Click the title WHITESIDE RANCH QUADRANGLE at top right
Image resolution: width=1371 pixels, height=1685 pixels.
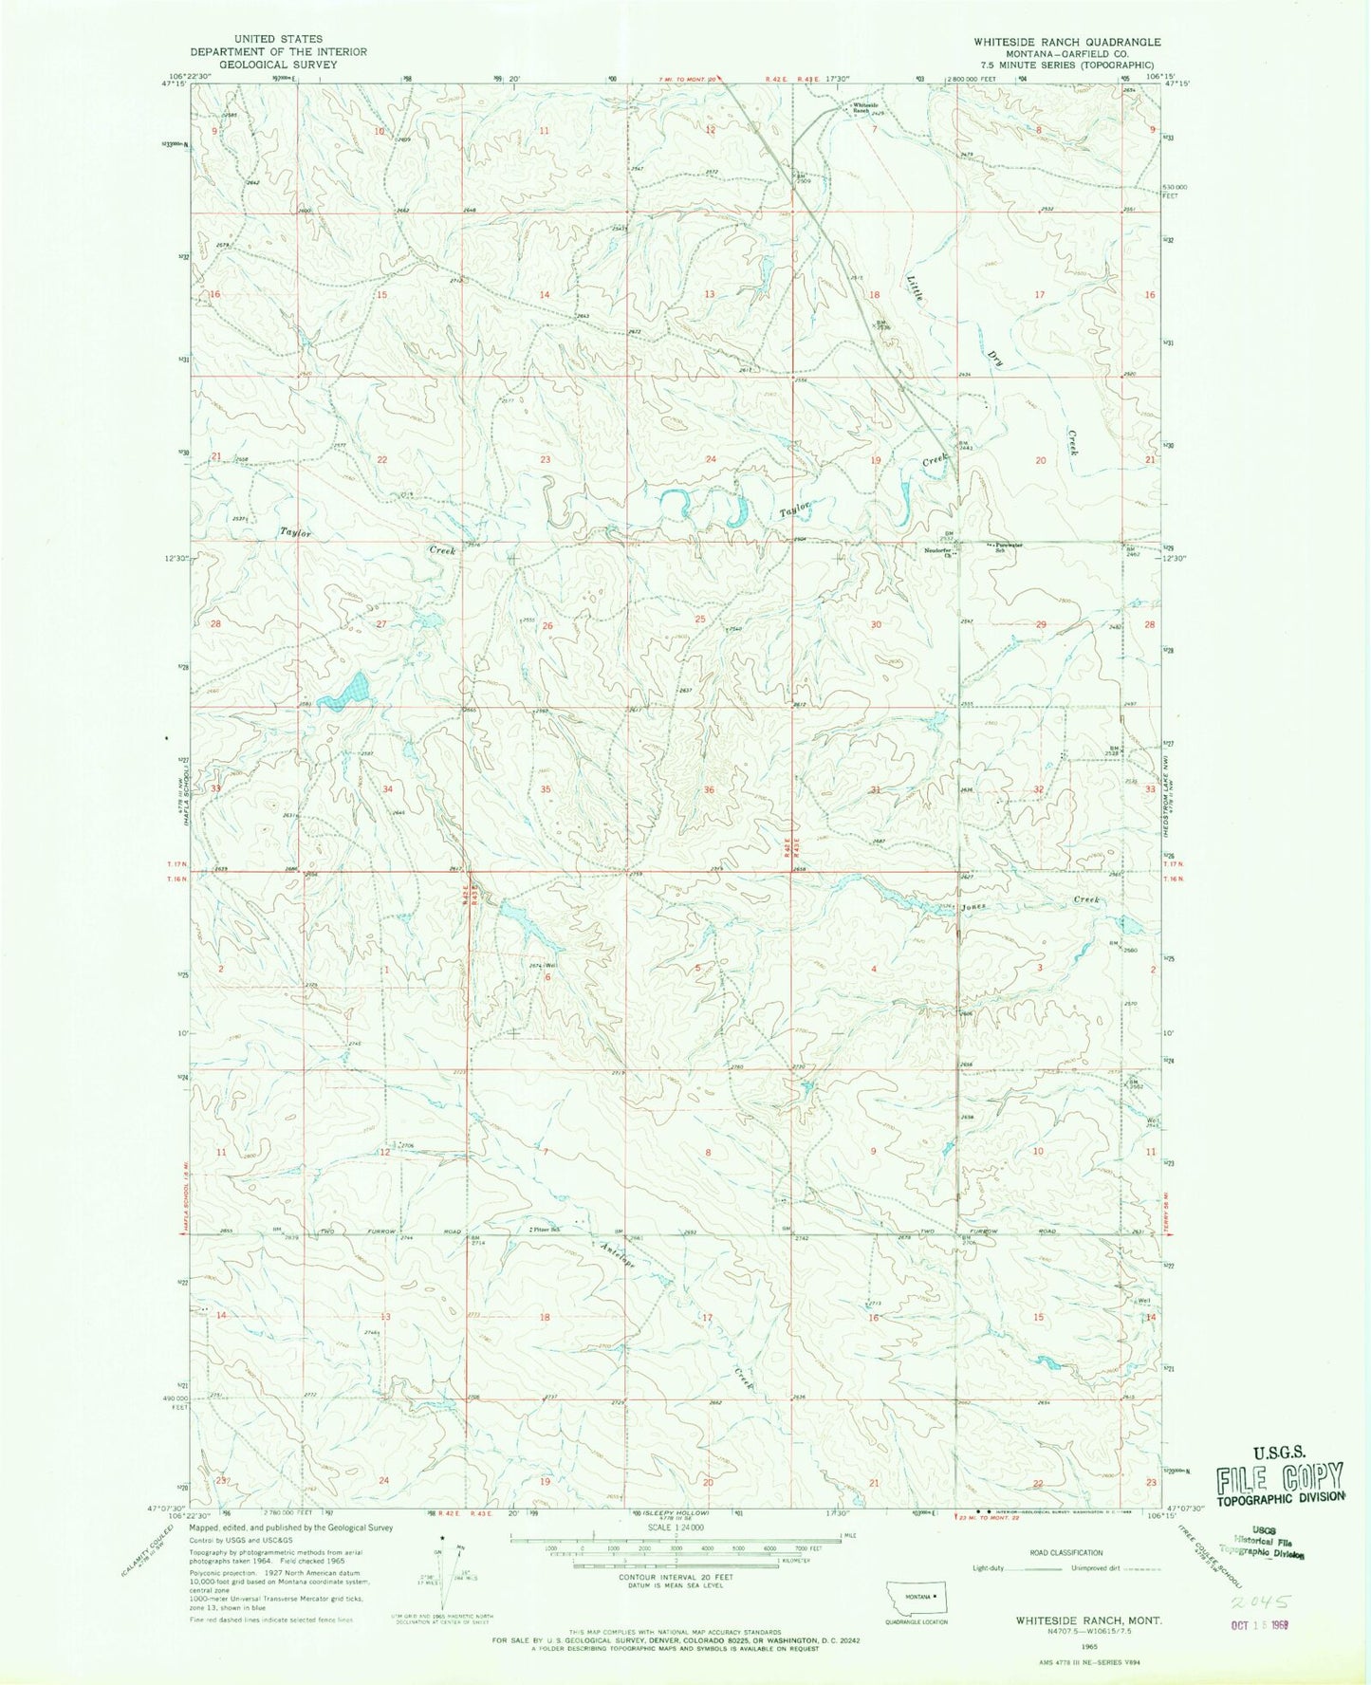(x=1066, y=42)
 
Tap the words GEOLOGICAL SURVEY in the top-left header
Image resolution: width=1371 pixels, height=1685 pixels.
(x=278, y=65)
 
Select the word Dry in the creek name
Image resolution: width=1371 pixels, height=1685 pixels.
(x=995, y=358)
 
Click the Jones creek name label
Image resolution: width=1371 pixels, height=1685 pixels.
(x=973, y=907)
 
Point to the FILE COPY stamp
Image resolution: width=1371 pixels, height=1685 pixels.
(x=1281, y=1477)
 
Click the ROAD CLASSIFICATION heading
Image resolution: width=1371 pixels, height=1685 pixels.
(x=1066, y=1553)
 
